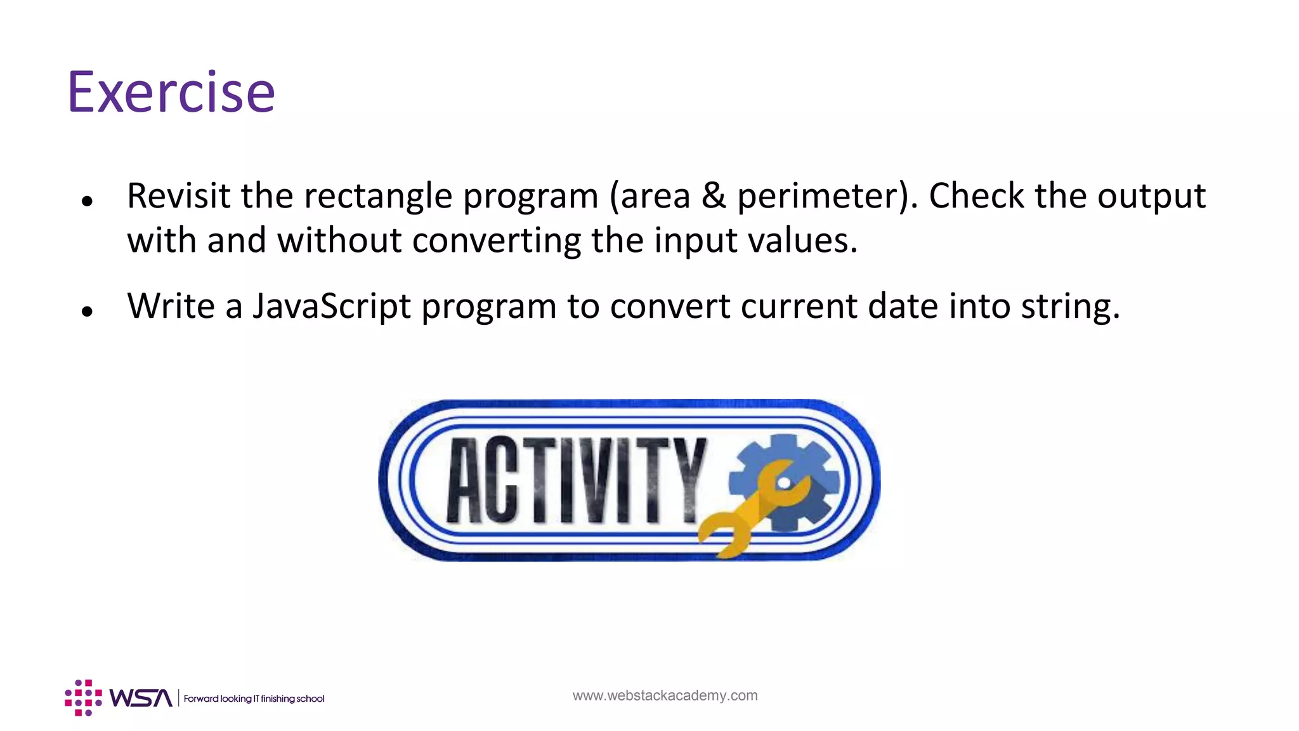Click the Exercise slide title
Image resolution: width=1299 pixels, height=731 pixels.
pos(171,93)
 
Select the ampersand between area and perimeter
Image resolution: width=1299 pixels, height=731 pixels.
pos(714,195)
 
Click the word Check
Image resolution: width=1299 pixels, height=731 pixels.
pos(976,195)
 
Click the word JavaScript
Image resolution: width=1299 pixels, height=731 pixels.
pos(332,306)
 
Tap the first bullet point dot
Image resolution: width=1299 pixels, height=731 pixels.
pos(88,202)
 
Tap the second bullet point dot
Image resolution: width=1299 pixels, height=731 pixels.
pos(88,312)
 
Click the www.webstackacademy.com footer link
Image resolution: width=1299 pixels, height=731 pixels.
pos(665,695)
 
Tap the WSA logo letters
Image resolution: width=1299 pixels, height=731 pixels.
pos(140,698)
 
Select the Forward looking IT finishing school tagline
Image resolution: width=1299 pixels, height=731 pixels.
pos(254,699)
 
